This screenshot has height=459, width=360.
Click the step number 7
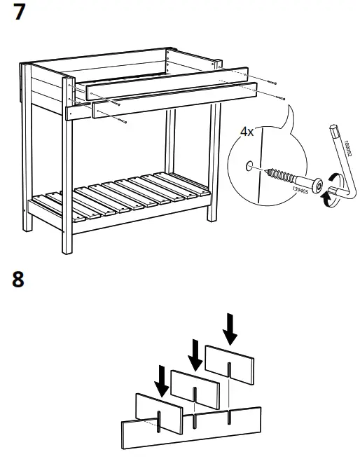[x=22, y=13]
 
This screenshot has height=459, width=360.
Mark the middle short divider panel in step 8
[x=195, y=385]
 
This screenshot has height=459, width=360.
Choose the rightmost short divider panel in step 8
[x=230, y=362]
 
